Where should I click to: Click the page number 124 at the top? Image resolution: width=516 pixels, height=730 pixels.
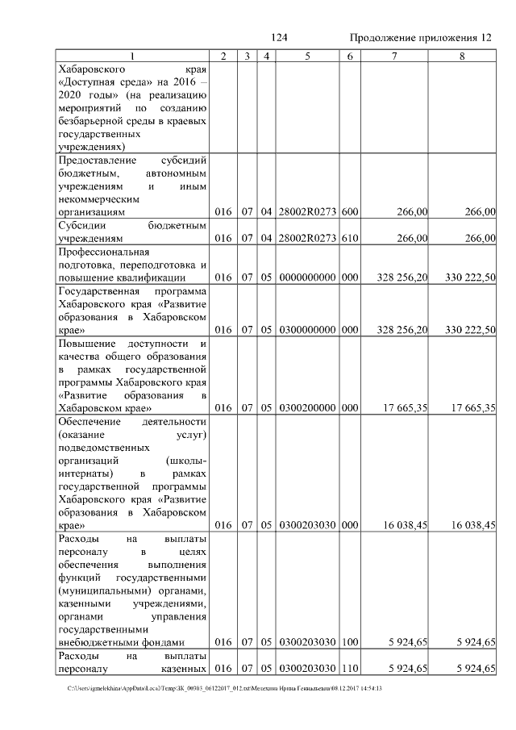(x=280, y=39)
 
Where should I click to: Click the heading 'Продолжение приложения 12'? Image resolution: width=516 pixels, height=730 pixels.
(x=420, y=39)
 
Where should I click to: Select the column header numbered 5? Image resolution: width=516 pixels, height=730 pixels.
(x=307, y=56)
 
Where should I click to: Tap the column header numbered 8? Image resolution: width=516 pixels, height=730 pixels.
(x=462, y=56)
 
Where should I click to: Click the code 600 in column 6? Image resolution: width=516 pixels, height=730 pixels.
(x=349, y=212)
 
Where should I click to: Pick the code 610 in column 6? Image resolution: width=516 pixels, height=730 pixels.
(x=349, y=239)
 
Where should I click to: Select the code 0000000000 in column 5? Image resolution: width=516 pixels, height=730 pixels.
(x=307, y=278)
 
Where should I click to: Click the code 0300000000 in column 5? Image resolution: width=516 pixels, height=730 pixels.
(x=307, y=331)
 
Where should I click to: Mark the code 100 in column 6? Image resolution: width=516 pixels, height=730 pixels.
(x=349, y=643)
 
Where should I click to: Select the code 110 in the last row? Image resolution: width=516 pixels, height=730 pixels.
(x=349, y=670)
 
